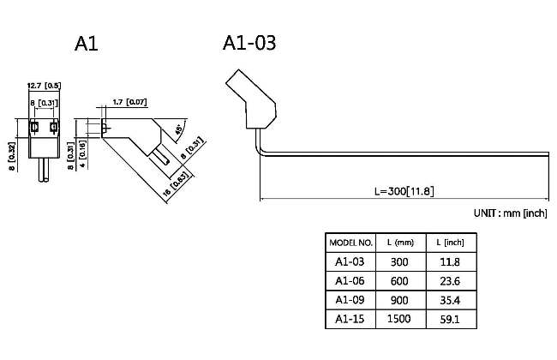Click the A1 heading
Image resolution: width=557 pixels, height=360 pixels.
click(x=87, y=43)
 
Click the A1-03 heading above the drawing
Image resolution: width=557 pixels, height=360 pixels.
click(x=249, y=42)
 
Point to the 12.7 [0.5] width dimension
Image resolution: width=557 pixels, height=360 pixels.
click(x=44, y=86)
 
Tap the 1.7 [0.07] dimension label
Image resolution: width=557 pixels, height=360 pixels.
click(x=129, y=103)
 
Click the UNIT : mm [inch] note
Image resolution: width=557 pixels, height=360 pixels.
click(x=510, y=213)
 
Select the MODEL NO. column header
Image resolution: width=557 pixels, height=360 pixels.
click(x=350, y=243)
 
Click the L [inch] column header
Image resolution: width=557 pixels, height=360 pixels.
click(x=450, y=243)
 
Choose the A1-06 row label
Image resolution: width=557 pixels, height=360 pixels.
click(x=350, y=280)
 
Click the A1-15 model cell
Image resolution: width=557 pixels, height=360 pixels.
click(x=350, y=318)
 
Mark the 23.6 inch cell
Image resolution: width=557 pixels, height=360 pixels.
click(x=450, y=280)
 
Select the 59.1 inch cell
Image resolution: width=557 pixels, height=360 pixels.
click(x=450, y=318)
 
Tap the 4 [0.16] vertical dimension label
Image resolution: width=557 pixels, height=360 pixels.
click(x=82, y=153)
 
